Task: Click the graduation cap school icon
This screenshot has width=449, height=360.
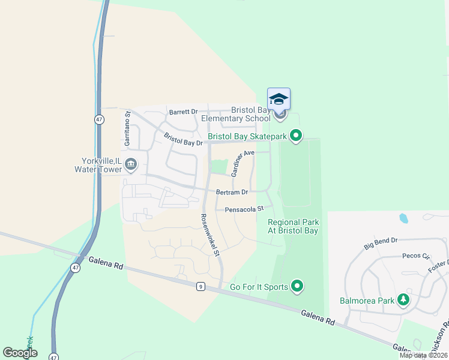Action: point(279,99)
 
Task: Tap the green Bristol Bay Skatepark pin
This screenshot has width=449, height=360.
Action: point(295,137)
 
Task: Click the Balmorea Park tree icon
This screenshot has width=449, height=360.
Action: point(403,300)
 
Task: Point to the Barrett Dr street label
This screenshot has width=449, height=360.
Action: point(183,112)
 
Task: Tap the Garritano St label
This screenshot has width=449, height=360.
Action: point(127,128)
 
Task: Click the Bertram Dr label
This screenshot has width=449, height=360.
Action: point(232,192)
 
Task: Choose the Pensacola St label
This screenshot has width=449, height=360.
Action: point(244,209)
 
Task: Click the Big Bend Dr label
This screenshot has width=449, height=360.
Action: point(381,243)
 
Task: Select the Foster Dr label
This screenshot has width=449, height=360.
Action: point(439,266)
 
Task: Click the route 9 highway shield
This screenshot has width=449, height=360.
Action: point(200,287)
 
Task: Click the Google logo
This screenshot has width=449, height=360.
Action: point(20,352)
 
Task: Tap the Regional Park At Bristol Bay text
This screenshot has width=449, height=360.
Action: point(293,226)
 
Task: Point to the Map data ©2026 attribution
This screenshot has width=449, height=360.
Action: point(423,355)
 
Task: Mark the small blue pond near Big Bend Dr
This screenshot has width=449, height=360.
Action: point(403,218)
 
